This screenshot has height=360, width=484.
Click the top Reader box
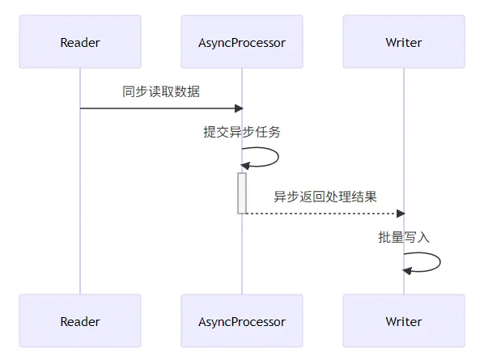(x=80, y=42)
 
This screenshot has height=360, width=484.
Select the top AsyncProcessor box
(x=242, y=42)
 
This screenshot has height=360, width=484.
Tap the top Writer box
(x=403, y=42)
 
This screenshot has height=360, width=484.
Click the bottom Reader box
(x=80, y=321)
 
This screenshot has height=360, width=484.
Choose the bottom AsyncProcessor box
(x=242, y=321)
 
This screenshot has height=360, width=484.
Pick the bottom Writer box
(x=403, y=321)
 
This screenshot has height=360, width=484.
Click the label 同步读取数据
(x=161, y=91)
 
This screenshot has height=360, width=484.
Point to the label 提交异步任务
(x=242, y=132)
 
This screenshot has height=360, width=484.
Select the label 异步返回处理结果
(x=325, y=197)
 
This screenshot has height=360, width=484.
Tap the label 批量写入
(x=403, y=237)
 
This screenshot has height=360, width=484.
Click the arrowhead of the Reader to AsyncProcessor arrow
(x=238, y=108)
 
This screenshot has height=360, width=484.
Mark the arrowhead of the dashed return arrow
(x=400, y=214)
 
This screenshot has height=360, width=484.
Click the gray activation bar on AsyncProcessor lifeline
(x=242, y=193)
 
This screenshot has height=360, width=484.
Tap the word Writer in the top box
(x=403, y=42)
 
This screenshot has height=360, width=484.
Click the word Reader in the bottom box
(x=80, y=321)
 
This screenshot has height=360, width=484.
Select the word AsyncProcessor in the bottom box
(x=242, y=321)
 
